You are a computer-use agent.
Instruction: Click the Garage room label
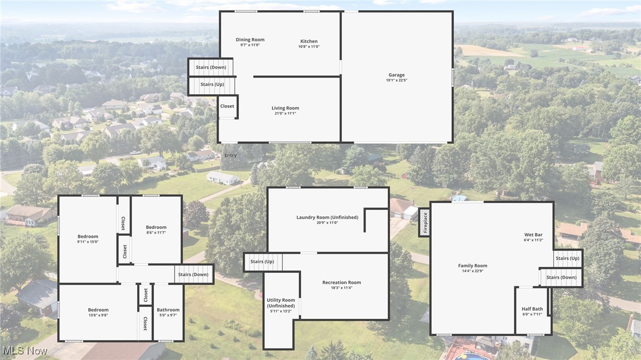point(396,75)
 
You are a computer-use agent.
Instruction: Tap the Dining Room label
point(250,40)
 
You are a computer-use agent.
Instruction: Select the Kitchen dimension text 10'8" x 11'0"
point(309,47)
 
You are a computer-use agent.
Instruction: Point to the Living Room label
point(285,108)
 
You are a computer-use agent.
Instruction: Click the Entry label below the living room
point(230,156)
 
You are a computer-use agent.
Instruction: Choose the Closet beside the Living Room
point(227,106)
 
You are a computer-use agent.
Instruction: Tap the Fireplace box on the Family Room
point(425,222)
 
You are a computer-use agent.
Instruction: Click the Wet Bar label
point(533,235)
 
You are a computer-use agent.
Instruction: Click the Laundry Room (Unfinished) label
point(327,217)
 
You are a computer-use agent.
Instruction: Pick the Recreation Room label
point(342,282)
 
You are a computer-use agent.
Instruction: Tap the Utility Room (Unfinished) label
point(281,303)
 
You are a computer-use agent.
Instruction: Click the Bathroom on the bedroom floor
point(168,312)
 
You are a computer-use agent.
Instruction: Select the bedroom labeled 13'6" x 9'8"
point(98,312)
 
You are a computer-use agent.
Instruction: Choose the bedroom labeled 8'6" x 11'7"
point(156,229)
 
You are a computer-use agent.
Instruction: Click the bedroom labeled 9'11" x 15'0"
point(88,239)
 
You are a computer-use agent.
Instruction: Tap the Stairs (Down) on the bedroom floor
point(193,274)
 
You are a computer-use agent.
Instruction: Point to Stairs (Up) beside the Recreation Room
point(262,262)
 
